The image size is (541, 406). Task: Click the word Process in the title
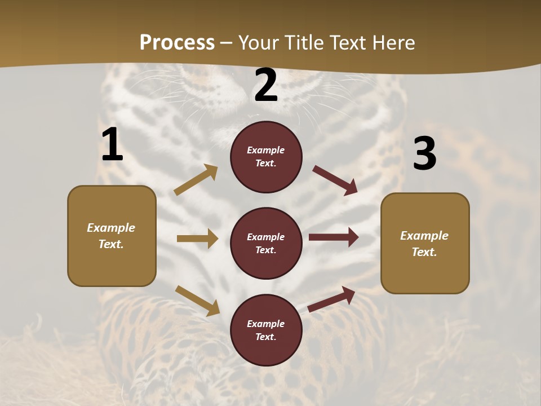tap(177, 42)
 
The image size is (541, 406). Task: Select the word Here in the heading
tap(392, 42)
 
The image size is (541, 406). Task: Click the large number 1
tap(112, 145)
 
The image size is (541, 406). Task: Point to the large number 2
tap(266, 86)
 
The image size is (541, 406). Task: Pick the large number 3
tap(424, 153)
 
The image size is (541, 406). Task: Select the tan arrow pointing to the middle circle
tap(197, 239)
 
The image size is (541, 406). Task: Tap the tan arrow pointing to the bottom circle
tap(197, 300)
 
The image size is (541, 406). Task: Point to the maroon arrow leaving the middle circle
tap(334, 237)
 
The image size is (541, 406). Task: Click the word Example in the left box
tap(111, 228)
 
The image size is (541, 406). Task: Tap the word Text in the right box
tap(424, 252)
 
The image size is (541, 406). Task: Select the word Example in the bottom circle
tap(266, 324)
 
